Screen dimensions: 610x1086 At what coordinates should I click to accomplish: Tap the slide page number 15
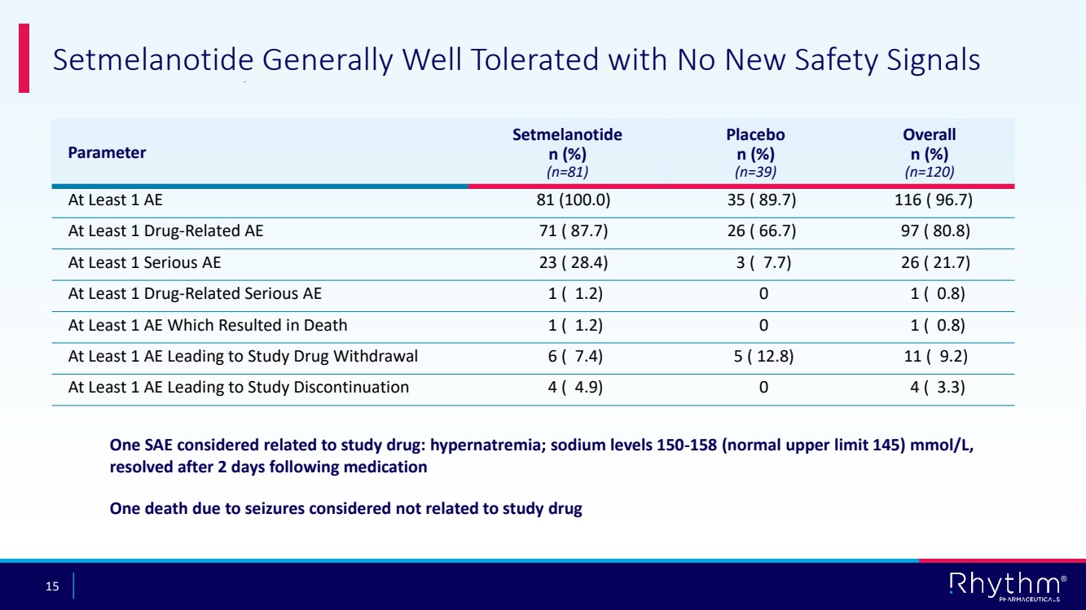click(53, 586)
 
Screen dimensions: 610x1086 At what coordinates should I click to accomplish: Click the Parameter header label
click(107, 152)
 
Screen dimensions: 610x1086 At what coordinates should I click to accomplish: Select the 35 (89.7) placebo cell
click(762, 200)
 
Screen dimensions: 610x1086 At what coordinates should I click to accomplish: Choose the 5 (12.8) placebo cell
click(762, 356)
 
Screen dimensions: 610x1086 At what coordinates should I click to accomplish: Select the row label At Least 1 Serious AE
click(144, 262)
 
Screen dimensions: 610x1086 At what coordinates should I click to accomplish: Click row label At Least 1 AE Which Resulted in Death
click(208, 325)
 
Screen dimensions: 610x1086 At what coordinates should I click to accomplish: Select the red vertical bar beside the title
click(24, 58)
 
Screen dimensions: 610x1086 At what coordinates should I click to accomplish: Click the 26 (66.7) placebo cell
click(762, 231)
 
